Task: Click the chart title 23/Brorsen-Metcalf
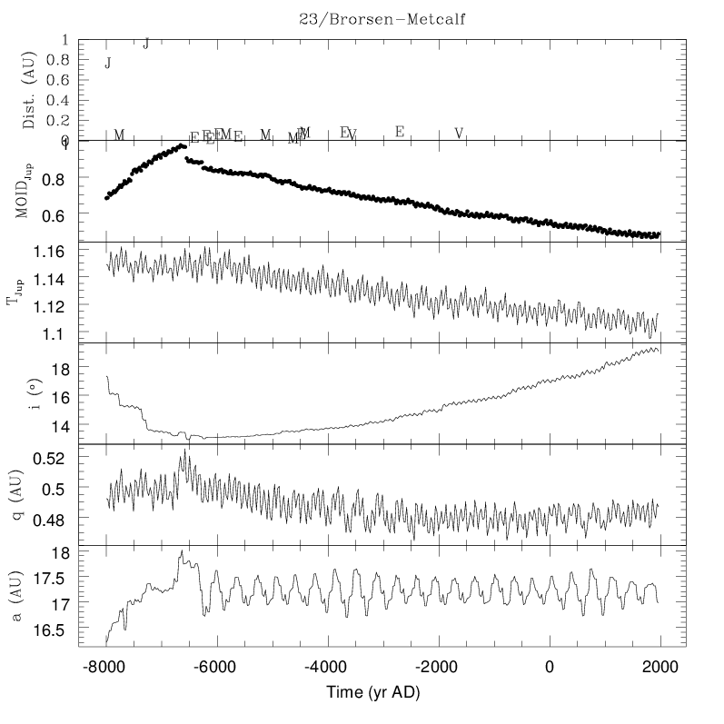[382, 18]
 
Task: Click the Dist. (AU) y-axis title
[29, 91]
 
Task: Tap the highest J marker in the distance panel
[146, 43]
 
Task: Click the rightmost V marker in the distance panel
[459, 134]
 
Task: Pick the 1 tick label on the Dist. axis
[64, 40]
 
